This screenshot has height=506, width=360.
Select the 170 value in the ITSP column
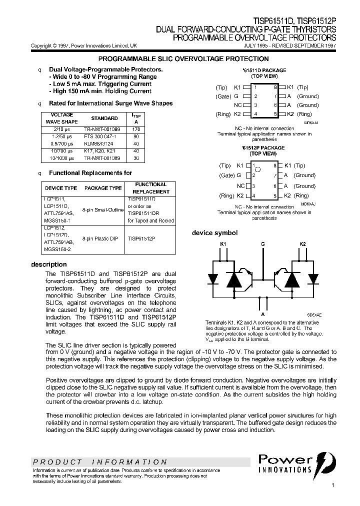pos(136,129)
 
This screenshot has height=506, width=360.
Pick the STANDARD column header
pos(104,118)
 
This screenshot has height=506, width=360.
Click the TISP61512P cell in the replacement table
pos(141,239)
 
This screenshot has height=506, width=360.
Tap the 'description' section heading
pos(49,264)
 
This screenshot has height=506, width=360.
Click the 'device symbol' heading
pos(215,233)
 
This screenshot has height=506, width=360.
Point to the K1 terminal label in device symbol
pos(223,244)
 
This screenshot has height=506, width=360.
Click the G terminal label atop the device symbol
pos(262,244)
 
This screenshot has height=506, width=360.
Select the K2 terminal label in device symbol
pos(302,244)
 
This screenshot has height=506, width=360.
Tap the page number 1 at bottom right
pos(333,485)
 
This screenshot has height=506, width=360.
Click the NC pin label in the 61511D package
pos(238,105)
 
